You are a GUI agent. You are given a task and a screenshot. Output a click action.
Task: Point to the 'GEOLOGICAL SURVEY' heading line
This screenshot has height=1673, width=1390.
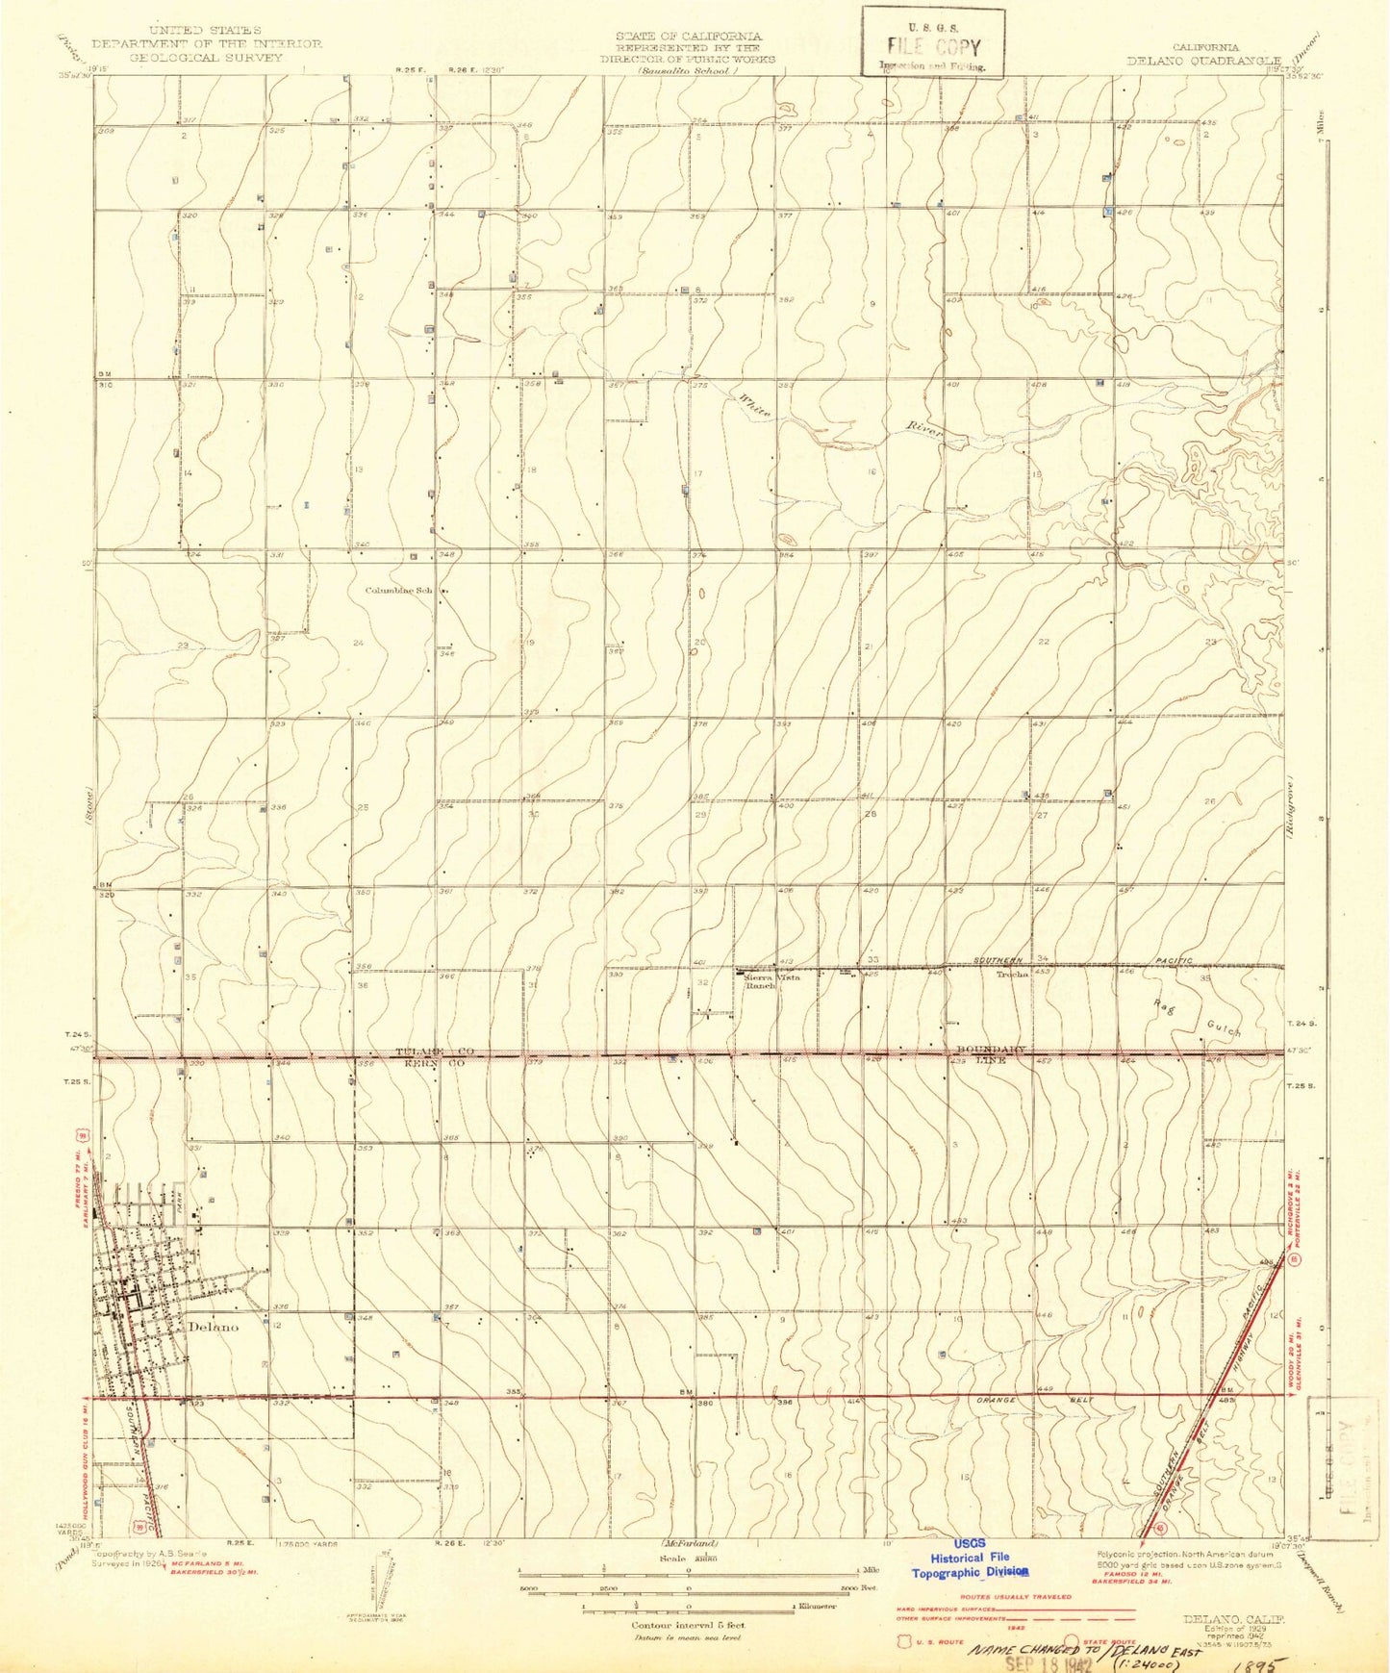(206, 57)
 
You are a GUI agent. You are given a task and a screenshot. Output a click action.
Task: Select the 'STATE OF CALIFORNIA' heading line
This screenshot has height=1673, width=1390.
(688, 36)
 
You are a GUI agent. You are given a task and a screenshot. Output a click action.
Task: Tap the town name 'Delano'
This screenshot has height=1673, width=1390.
(214, 1326)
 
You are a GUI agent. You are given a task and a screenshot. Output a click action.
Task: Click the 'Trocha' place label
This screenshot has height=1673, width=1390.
(1012, 974)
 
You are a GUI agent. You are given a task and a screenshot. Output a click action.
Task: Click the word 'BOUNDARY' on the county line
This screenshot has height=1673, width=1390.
(992, 1050)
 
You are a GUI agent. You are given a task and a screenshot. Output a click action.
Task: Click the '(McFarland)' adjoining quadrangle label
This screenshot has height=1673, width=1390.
(689, 1544)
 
